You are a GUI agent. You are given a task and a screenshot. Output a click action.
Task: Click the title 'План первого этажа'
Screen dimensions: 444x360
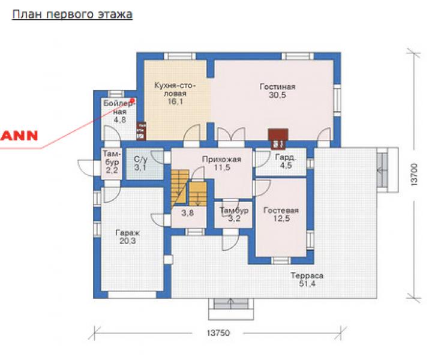[x=72, y=14]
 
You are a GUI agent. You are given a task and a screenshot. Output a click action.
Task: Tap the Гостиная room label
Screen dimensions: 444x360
[x=277, y=86]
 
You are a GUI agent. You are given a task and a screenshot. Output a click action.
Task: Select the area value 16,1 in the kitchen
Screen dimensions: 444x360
[x=175, y=101]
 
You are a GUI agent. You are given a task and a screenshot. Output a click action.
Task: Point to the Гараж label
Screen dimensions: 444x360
[x=128, y=233]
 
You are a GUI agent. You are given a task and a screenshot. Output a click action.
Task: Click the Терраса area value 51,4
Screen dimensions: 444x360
[x=307, y=283]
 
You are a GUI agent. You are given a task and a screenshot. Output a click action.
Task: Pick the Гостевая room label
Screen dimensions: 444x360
[x=281, y=211]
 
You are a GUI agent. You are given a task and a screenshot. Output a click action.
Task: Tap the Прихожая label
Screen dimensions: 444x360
[x=221, y=160]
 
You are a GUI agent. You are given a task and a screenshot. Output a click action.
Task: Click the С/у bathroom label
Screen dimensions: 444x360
[x=141, y=160]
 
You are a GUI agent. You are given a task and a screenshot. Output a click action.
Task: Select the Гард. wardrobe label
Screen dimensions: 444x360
[x=286, y=157]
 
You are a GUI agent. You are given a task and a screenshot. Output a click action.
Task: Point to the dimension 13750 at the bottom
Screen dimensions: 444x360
[x=218, y=333]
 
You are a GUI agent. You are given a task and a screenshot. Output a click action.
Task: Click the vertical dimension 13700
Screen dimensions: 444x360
[x=414, y=174]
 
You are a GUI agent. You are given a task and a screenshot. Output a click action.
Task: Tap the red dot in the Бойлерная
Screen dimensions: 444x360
[x=133, y=100]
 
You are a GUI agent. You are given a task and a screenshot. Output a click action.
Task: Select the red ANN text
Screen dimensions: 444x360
[x=19, y=136]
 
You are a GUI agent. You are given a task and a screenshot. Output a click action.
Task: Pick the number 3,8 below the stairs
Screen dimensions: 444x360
[x=187, y=212]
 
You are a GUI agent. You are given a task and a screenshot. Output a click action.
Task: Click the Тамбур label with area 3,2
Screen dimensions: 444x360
[x=234, y=211]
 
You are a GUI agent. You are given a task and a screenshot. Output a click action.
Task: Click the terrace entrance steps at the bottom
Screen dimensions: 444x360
[x=231, y=309]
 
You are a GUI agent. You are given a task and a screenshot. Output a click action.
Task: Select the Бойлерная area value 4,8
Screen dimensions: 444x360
[x=120, y=120]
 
